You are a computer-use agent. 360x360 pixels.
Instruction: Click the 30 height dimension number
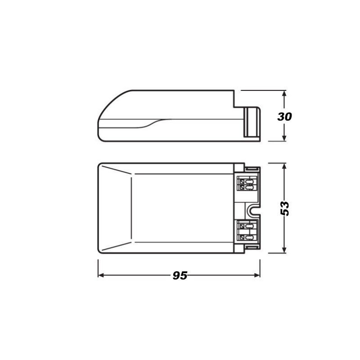pos(284,117)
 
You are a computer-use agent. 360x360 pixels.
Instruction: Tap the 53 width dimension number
pos(284,208)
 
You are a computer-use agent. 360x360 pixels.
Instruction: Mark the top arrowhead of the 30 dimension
pos(284,93)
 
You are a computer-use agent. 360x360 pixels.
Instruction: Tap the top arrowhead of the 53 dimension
pos(284,166)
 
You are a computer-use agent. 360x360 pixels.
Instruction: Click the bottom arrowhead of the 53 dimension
pos(284,250)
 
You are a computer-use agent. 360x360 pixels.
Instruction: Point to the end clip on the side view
pos(252,122)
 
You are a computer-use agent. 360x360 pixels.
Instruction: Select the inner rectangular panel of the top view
pos(182,208)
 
